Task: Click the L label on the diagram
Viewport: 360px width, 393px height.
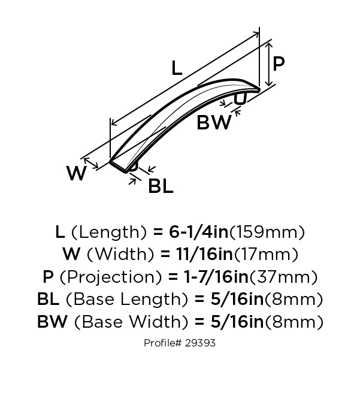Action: pyautogui.click(x=177, y=68)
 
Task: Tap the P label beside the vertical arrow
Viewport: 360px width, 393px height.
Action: pyautogui.click(x=279, y=64)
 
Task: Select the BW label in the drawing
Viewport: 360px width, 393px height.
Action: pyautogui.click(x=214, y=122)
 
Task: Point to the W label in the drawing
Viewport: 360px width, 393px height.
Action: pyautogui.click(x=77, y=173)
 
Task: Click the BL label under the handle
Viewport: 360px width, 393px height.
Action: pyautogui.click(x=161, y=186)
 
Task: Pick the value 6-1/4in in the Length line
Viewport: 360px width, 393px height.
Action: pyautogui.click(x=199, y=232)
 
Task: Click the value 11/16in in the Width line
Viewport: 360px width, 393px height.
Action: pyautogui.click(x=204, y=254)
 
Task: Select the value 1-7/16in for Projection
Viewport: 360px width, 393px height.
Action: pyautogui.click(x=216, y=277)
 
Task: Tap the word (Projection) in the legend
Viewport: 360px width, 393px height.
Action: pyautogui.click(x=110, y=277)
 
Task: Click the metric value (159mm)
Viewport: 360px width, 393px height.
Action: pyautogui.click(x=267, y=232)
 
